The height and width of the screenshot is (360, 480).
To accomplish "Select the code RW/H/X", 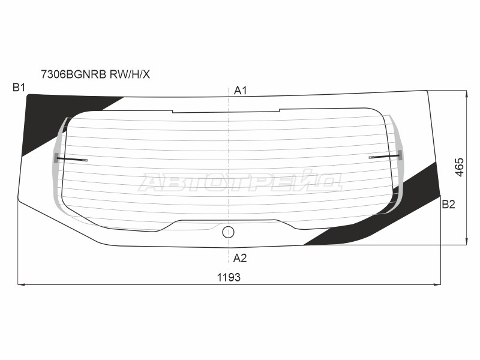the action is tap(130, 74).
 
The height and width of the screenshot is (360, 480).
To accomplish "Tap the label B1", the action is tap(19, 88).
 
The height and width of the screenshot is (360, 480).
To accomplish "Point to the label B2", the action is tap(448, 204).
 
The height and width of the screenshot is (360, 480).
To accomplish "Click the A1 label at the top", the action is tap(241, 91).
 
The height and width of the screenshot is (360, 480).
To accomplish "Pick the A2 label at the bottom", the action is tap(239, 259).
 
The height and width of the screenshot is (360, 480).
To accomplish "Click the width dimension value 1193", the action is tap(229, 277).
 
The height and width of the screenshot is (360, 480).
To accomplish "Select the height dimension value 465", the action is tap(460, 167).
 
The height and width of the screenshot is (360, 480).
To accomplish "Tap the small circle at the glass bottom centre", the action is tap(228, 232).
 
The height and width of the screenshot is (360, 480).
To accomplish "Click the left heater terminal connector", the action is tap(71, 159).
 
